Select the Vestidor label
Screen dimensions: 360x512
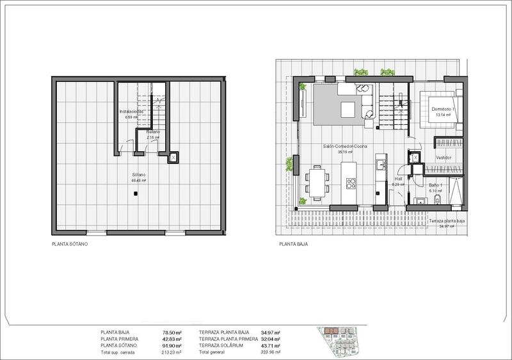coord(444,158)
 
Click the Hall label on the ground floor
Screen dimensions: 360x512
coord(397,180)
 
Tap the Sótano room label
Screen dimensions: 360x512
coord(139,175)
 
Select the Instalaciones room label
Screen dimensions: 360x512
coord(132,111)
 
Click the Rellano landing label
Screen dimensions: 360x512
coord(152,132)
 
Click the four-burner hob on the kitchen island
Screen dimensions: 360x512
coord(351,184)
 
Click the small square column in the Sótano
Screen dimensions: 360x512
coord(136,195)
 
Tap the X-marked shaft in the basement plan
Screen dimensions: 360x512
coord(173,158)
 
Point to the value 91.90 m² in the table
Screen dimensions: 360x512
coord(173,346)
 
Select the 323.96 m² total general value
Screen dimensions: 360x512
coord(271,352)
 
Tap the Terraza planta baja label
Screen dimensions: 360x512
coord(446,221)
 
